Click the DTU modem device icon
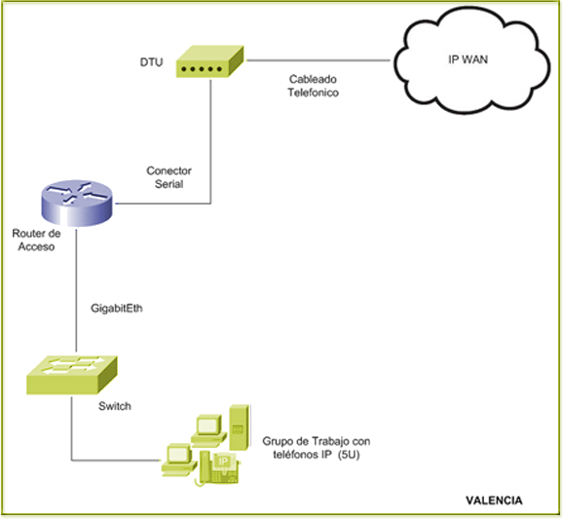pos(209,61)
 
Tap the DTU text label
pos(151,62)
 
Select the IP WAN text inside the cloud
pos(468,59)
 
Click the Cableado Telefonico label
pos(313,86)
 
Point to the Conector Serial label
pos(169,177)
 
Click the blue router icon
pos(77,204)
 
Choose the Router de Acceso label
pos(36,241)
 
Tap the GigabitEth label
pos(117,308)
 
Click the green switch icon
pos(72,375)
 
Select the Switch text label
pos(115,406)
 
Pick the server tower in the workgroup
pos(240,427)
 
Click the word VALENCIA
pos(494,500)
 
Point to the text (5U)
pos(349,455)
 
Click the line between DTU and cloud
pos(319,60)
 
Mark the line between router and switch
pos(76,291)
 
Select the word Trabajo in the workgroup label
pos(330,441)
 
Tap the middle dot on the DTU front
pos(202,69)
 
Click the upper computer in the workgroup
pos(208,430)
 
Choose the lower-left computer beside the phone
pos(179,461)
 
